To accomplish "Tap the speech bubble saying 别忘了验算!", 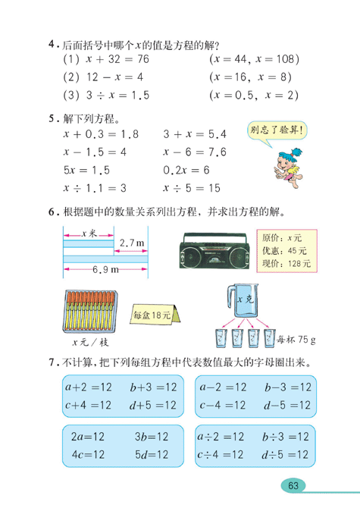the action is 278,130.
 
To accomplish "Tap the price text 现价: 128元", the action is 283,264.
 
